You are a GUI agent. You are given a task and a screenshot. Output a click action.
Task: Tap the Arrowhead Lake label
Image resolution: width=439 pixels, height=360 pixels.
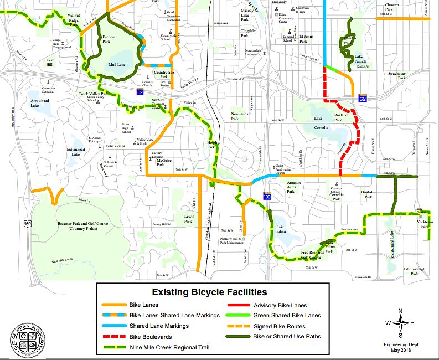pyautogui.click(x=43, y=102)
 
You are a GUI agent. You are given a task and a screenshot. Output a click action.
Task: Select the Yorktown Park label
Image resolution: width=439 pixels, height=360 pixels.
pyautogui.click(x=425, y=223)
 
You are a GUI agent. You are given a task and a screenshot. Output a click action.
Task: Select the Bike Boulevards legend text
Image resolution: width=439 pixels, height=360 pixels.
pyautogui.click(x=150, y=337)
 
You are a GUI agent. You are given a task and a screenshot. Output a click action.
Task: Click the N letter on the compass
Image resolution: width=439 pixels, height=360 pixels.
pyautogui.click(x=401, y=310)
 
